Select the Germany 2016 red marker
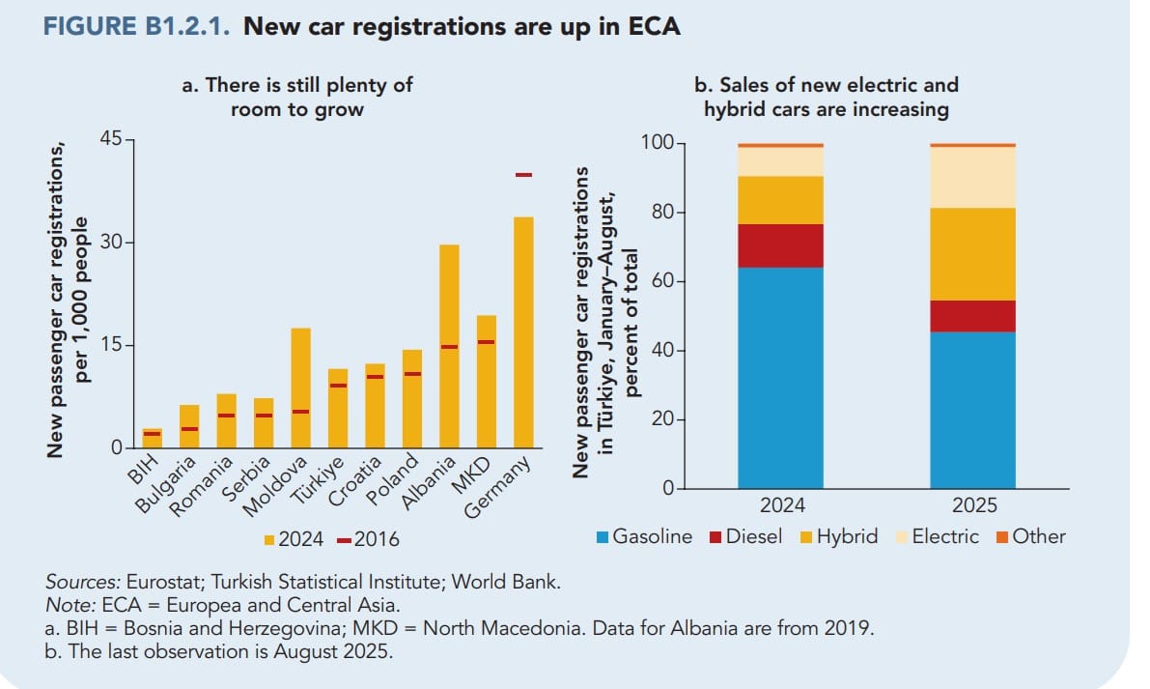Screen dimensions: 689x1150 coord(523,175)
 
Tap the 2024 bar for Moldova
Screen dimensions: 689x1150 coord(301,388)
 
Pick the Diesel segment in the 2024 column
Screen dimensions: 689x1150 coord(780,245)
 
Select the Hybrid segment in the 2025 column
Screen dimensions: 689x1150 coord(972,254)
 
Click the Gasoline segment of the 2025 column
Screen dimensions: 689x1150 coord(972,411)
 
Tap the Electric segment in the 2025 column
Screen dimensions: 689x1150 coord(972,178)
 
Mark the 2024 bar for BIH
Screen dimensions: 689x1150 coord(153,439)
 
